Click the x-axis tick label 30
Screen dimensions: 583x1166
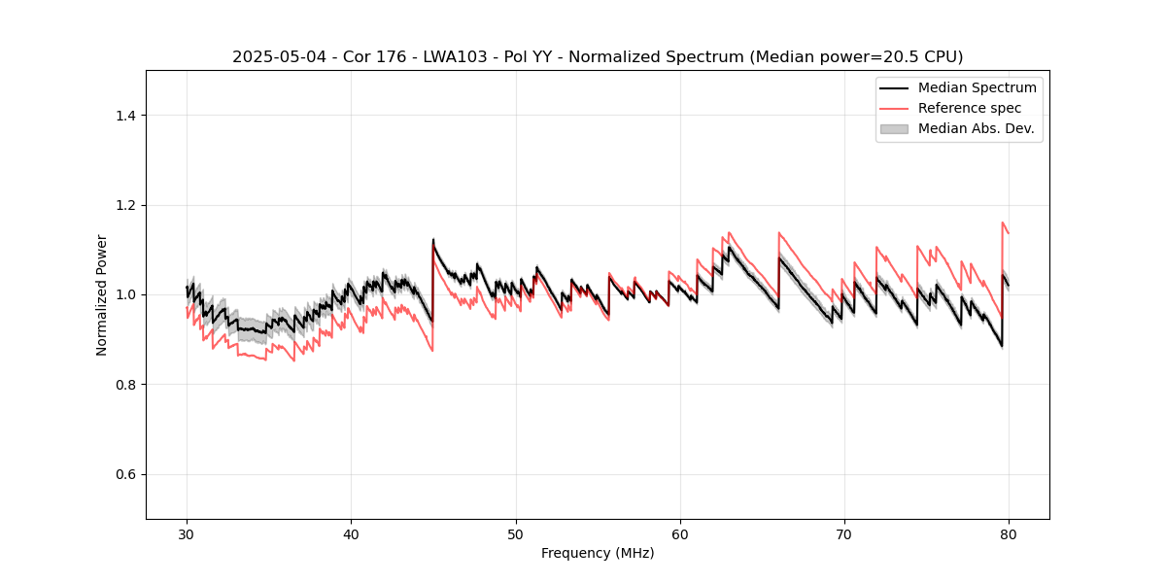(187, 534)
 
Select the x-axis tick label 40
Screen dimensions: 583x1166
(351, 534)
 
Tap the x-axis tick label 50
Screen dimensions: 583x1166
(516, 534)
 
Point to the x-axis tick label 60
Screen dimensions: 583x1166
(680, 534)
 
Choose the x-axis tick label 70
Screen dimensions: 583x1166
(844, 534)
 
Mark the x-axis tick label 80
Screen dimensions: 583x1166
(1009, 534)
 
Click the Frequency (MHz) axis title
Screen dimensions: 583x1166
(598, 553)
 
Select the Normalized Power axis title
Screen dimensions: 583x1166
(102, 294)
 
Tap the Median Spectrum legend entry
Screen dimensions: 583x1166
(977, 87)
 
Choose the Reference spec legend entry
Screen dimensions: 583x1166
(969, 108)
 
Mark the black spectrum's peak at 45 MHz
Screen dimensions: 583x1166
(433, 240)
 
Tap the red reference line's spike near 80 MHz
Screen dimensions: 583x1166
(1003, 223)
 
